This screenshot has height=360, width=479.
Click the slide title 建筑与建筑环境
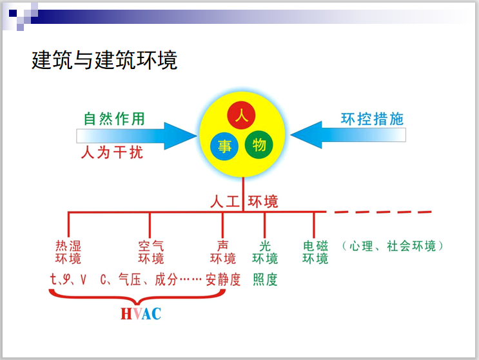104,61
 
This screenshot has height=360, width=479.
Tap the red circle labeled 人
242,116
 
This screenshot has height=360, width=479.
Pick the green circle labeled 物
259,145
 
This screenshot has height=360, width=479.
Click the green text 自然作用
114,119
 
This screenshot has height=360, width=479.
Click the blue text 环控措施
372,119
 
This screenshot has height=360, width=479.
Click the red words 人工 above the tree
224,201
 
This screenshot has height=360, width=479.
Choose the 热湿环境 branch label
68,252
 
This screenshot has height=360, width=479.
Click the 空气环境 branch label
151,252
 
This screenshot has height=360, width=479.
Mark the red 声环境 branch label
223,252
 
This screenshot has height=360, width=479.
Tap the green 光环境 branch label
265,252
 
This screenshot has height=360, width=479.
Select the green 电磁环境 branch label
315,252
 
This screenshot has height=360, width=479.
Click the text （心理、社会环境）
393,246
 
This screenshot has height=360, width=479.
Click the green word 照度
265,280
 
